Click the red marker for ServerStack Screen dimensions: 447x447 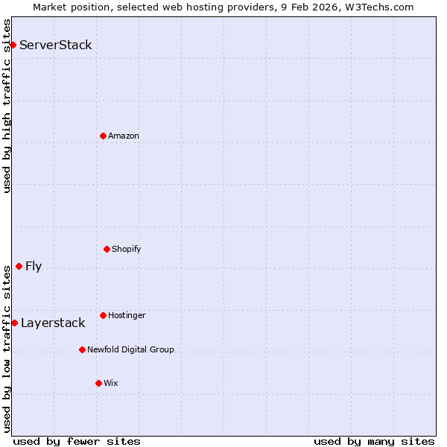13,45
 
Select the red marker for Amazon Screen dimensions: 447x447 103,136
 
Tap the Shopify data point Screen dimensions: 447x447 107,249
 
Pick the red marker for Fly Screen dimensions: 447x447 19,267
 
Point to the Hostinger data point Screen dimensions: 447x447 103,315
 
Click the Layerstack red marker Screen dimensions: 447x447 14,323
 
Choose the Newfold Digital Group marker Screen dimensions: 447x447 82,349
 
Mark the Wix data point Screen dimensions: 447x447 98,383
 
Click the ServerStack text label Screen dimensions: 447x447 56,45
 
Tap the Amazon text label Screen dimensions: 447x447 124,136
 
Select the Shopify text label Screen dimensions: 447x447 127,249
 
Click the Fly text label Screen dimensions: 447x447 34,267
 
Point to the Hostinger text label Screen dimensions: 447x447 127,315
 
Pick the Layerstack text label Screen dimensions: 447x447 53,323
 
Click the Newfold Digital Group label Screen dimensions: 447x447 130,349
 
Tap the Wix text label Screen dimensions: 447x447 111,383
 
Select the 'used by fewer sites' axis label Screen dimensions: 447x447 77,441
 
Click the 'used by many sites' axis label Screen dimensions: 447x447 374,441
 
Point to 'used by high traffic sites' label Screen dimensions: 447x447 7,106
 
